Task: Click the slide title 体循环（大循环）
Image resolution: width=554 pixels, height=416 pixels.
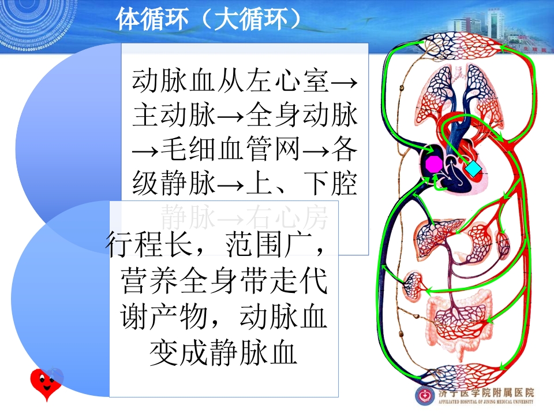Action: pyautogui.click(x=208, y=19)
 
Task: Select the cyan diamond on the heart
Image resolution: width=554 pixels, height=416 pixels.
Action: pyautogui.click(x=473, y=169)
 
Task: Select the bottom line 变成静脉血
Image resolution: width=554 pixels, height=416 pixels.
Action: pyautogui.click(x=223, y=354)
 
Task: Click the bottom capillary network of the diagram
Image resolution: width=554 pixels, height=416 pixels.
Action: pyautogui.click(x=462, y=376)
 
